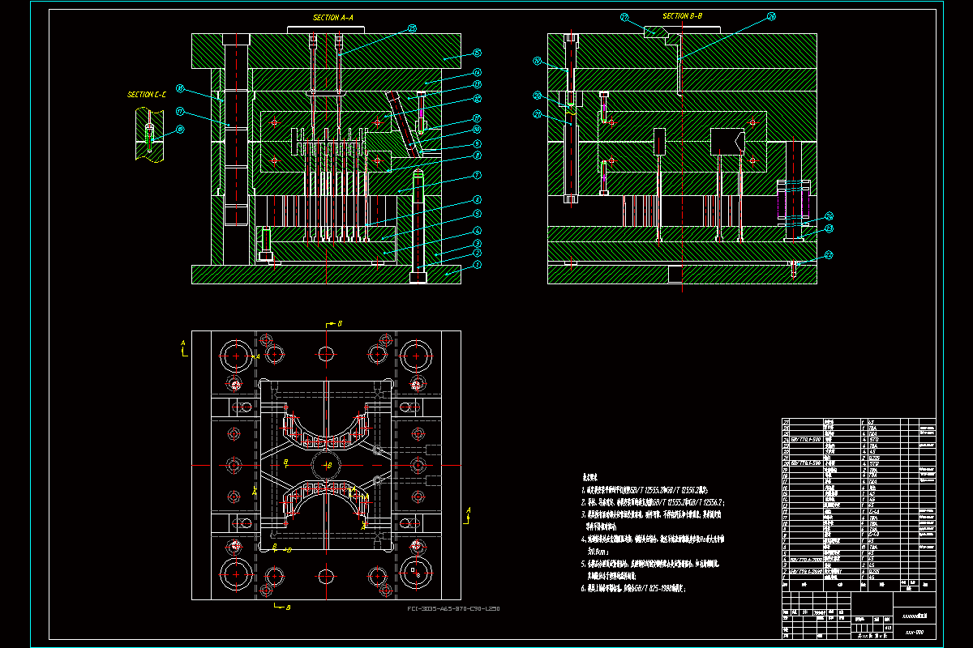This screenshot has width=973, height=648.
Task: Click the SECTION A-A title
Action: (x=332, y=17)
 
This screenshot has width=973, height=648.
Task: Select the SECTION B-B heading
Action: (x=682, y=16)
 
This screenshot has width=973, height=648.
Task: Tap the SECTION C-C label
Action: (x=147, y=95)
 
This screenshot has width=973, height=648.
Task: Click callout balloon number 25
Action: (x=412, y=28)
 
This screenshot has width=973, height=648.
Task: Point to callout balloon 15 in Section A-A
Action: (x=478, y=53)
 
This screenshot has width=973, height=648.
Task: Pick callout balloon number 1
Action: (x=478, y=265)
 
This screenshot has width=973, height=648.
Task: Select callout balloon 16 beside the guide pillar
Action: (x=180, y=89)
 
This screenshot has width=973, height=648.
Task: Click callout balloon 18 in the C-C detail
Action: (x=180, y=129)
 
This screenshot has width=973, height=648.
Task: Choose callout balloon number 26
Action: (x=771, y=16)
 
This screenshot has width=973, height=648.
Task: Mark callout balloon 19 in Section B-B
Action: (x=537, y=61)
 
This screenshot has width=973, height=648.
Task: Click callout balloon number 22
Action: (x=829, y=255)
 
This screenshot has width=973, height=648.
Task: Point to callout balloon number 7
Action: (x=478, y=175)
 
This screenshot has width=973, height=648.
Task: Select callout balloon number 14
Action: (x=478, y=72)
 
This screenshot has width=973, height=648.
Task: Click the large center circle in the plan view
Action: (x=326, y=465)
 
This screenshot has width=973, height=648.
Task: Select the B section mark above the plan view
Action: (x=339, y=323)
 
